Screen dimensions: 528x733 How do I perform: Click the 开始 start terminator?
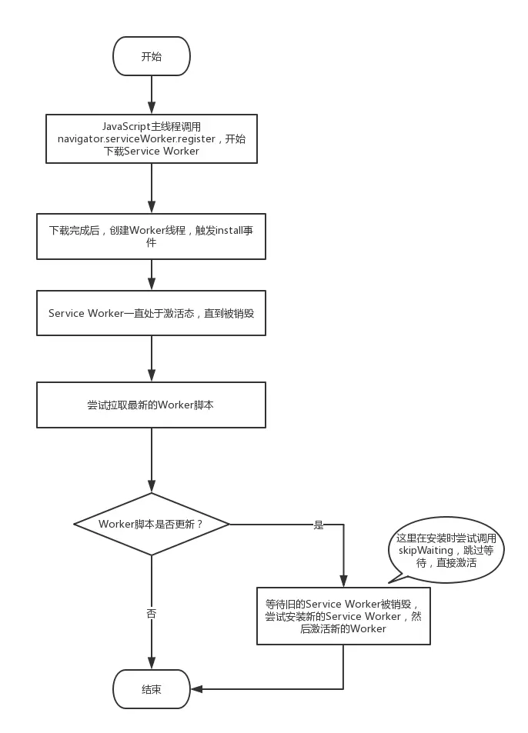pos(151,56)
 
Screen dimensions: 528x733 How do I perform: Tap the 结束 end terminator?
pos(151,689)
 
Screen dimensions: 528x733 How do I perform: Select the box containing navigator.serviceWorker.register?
pos(151,139)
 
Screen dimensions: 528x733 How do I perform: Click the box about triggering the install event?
pos(151,237)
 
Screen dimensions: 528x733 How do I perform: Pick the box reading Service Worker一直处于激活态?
pos(151,313)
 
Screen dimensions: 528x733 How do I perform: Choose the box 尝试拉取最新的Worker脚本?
pos(151,405)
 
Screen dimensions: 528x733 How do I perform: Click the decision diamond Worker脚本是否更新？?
pos(151,524)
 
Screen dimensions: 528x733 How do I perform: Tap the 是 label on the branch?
pos(319,525)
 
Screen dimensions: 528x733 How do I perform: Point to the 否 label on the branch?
pos(151,613)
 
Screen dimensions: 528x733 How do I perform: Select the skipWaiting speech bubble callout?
pos(446,550)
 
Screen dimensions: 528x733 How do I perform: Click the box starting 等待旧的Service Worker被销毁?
pos(343,616)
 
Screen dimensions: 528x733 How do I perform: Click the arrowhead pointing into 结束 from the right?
pos(196,689)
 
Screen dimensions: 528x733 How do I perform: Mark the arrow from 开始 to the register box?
pos(151,95)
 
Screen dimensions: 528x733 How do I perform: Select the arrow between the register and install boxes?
pos(151,188)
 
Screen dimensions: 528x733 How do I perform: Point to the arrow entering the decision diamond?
pos(151,461)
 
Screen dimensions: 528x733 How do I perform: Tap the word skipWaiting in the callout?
pos(426,550)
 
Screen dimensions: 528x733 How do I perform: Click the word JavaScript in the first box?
pos(126,127)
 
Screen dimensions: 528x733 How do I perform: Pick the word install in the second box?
pos(229,230)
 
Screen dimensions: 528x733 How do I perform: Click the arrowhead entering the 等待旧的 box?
pos(343,581)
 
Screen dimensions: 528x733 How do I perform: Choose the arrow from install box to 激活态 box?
pos(151,275)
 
